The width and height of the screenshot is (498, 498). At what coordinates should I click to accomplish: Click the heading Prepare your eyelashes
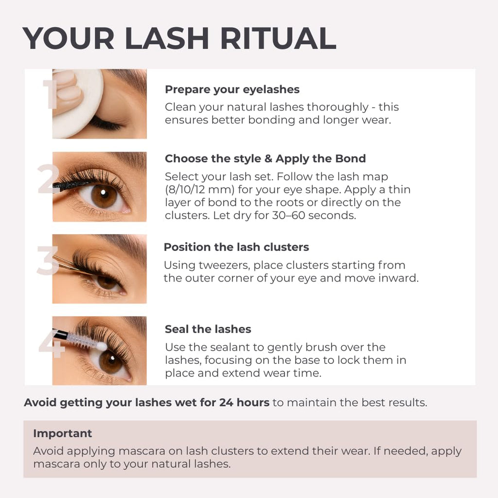(232, 89)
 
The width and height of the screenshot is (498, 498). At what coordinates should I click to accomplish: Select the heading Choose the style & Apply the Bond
(265, 159)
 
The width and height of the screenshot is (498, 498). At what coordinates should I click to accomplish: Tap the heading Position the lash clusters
(236, 247)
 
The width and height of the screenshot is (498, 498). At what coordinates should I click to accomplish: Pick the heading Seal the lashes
(208, 329)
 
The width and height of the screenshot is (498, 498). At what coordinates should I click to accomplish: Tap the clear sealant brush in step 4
(83, 340)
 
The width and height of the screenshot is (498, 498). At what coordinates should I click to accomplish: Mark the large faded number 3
(47, 261)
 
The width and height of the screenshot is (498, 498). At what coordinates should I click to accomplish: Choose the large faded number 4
(51, 343)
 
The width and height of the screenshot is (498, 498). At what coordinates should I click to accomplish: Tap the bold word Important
(62, 433)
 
